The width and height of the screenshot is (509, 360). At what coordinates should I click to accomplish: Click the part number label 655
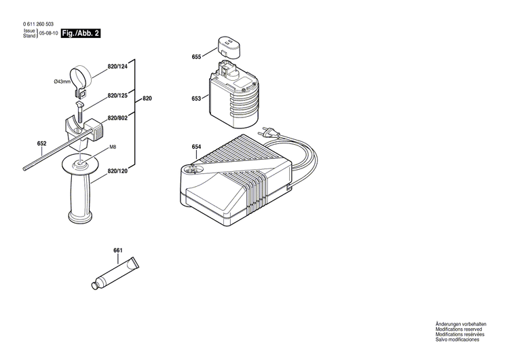tap(196, 57)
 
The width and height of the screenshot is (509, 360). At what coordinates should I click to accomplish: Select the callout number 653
tap(196, 98)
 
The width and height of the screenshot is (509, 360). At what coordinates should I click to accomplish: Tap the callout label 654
tap(196, 147)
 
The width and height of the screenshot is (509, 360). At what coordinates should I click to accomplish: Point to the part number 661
tap(117, 251)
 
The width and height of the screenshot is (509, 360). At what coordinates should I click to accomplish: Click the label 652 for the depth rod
tap(42, 143)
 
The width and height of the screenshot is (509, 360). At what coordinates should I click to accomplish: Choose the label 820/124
tap(117, 67)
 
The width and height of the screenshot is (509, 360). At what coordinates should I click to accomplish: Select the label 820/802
tap(117, 119)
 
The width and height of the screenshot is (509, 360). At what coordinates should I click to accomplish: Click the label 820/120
tap(117, 173)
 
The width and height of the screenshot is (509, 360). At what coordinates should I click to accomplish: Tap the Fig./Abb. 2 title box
tap(80, 33)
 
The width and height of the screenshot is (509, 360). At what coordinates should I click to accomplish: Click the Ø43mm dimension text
tap(62, 82)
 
